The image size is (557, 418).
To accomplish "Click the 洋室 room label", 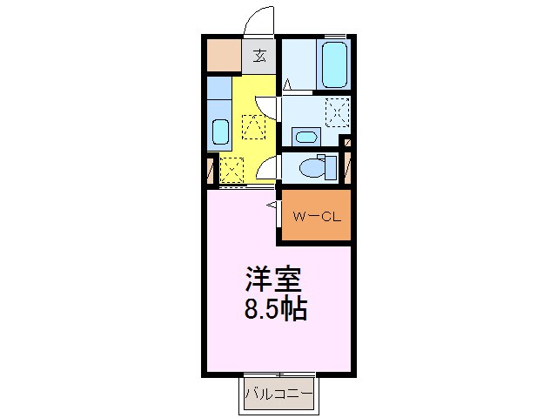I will click(x=272, y=280).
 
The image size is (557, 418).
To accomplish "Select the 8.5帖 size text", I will click(x=272, y=309).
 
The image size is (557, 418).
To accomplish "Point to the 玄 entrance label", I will click(x=259, y=57).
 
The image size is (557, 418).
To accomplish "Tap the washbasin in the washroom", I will click(x=304, y=136).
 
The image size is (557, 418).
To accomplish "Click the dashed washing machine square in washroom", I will click(x=336, y=111).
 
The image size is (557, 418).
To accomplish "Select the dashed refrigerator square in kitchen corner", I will click(x=232, y=167).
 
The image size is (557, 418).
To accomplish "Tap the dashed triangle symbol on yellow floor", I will click(x=253, y=128).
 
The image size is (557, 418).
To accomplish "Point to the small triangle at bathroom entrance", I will click(x=287, y=84).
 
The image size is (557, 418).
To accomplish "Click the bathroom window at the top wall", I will click(x=334, y=37).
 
